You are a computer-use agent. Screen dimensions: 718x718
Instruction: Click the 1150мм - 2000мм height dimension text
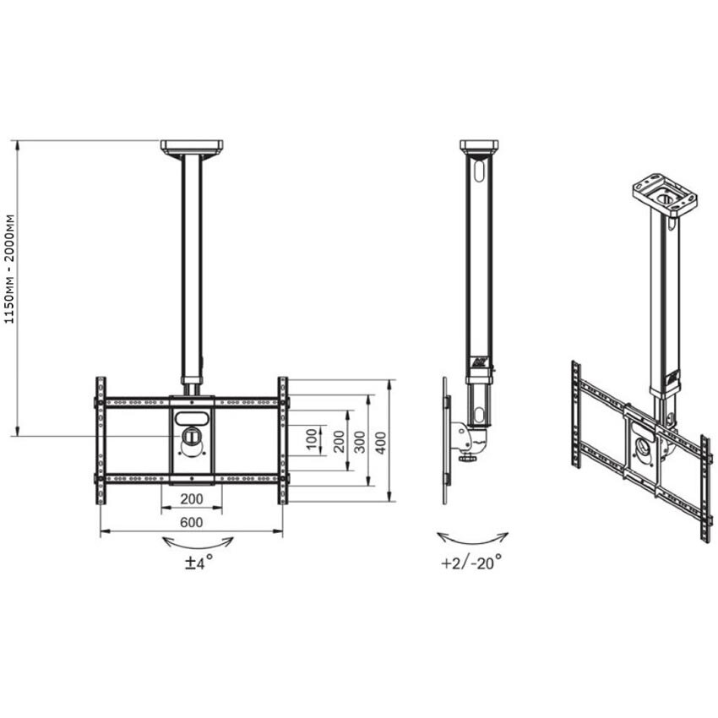click(x=10, y=269)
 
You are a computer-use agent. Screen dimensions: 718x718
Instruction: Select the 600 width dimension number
click(x=192, y=522)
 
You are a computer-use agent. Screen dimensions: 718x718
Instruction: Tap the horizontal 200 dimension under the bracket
click(x=191, y=499)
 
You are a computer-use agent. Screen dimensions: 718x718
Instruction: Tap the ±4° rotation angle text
click(x=199, y=563)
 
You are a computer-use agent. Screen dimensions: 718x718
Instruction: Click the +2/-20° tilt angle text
click(x=471, y=563)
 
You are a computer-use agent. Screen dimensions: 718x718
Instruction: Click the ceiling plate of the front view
click(x=192, y=147)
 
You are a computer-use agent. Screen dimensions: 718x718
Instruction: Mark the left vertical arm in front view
click(x=101, y=439)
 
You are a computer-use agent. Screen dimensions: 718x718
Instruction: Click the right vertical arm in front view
click(x=283, y=439)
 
